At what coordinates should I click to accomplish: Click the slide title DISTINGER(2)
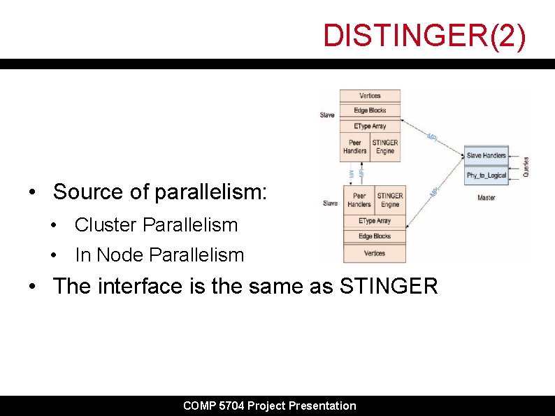[424, 36]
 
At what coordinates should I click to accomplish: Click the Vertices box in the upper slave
[370, 96]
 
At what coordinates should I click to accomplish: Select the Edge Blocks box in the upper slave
[370, 110]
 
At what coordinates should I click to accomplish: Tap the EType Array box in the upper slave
[370, 126]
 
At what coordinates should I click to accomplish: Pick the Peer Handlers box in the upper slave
[354, 147]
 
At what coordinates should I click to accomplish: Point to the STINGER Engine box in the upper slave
[385, 147]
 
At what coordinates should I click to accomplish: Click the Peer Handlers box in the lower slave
[359, 200]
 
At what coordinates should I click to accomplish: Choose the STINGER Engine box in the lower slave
[390, 200]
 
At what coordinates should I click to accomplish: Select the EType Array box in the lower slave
[375, 221]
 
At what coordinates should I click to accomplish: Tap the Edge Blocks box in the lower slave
[375, 236]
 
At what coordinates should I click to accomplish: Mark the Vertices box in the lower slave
[375, 253]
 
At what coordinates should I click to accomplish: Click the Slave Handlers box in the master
[486, 155]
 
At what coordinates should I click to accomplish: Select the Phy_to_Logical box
[486, 175]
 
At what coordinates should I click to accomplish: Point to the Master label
[486, 198]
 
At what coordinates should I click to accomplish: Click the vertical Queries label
[526, 166]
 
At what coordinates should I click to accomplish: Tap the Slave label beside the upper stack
[327, 115]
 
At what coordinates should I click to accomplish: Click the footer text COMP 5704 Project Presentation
[269, 406]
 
